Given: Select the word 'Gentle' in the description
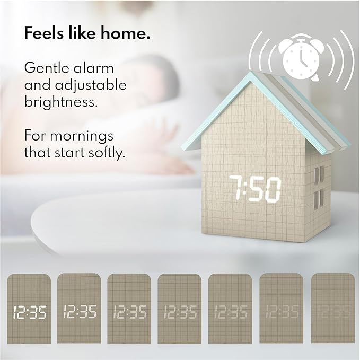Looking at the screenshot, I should [47, 68].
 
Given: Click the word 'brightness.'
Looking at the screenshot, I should [62, 102].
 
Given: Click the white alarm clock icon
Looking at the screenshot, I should [301, 58].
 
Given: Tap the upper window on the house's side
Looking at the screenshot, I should [318, 175].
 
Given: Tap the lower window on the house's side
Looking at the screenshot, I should [318, 200].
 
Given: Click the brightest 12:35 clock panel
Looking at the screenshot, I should [30, 312].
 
